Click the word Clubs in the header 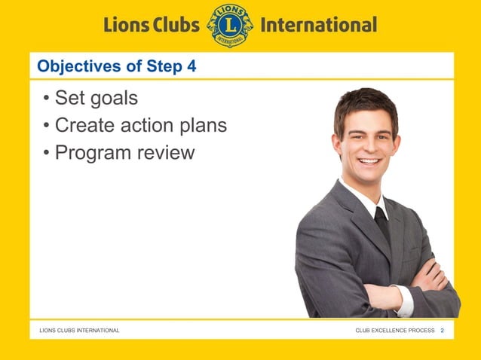coord(172,25)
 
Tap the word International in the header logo coord(317,25)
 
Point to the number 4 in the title coord(191,66)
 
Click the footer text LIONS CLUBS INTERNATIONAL coord(79,331)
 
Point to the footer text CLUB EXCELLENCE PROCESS coord(394,331)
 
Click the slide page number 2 coord(443,331)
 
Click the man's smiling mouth coord(369,161)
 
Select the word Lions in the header coord(125,25)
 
